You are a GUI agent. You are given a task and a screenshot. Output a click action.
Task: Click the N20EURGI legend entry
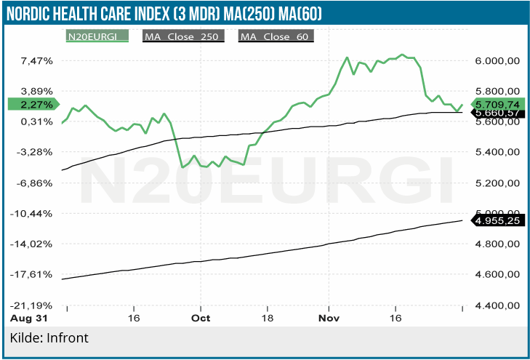coord(96,36)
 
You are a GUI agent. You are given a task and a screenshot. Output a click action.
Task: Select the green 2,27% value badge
coord(33,104)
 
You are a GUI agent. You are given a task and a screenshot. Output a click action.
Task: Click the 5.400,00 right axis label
coord(497,152)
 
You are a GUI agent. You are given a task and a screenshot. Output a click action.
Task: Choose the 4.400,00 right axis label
coord(497,305)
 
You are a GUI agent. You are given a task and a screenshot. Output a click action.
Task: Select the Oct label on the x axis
coord(201,318)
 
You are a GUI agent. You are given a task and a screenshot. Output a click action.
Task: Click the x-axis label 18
coord(268,318)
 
